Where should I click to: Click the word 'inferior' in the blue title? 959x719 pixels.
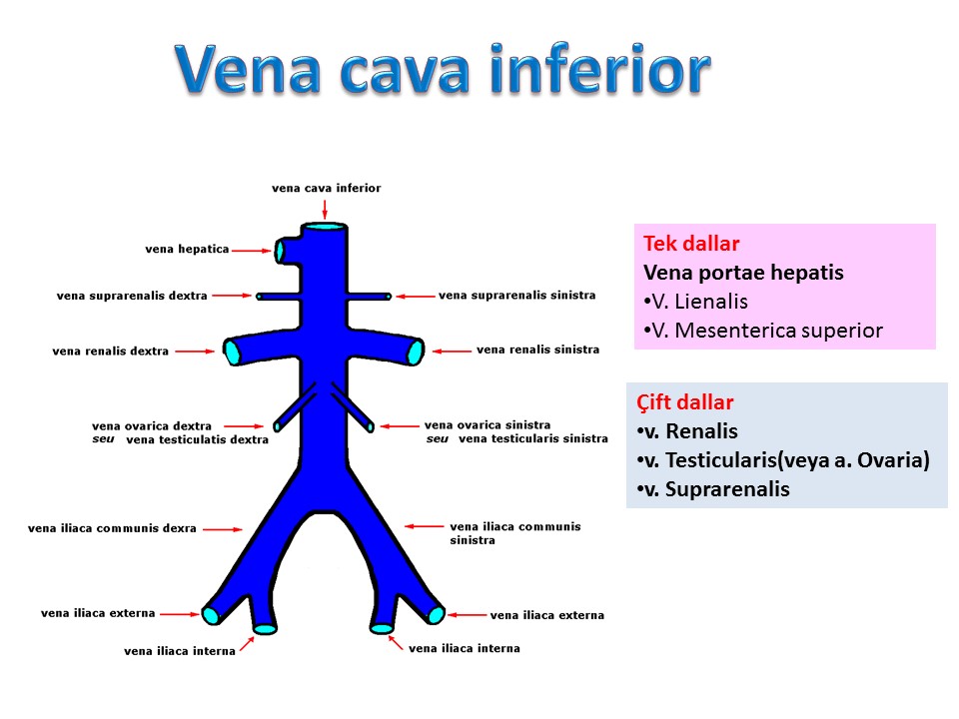pyautogui.click(x=600, y=69)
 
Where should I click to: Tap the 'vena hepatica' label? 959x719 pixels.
pyautogui.click(x=187, y=249)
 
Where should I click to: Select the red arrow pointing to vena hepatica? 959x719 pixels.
pyautogui.click(x=252, y=250)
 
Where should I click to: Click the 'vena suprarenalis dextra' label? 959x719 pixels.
pyautogui.click(x=132, y=296)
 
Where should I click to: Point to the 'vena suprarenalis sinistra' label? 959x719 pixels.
pyautogui.click(x=516, y=296)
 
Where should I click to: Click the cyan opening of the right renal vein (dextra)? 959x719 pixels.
pyautogui.click(x=233, y=353)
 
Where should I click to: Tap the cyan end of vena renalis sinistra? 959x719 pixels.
pyautogui.click(x=416, y=353)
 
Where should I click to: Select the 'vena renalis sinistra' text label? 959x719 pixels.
pyautogui.click(x=538, y=350)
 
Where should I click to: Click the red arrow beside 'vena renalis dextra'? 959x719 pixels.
pyautogui.click(x=195, y=352)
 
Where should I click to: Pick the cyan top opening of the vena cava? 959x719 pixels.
pyautogui.click(x=325, y=227)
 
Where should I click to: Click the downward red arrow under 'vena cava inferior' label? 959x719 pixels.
pyautogui.click(x=325, y=209)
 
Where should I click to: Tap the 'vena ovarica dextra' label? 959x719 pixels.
pyautogui.click(x=152, y=425)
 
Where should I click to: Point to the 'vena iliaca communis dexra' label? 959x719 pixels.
pyautogui.click(x=112, y=528)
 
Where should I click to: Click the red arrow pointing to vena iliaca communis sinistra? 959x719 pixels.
pyautogui.click(x=425, y=526)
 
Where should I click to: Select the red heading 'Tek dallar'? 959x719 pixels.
pyautogui.click(x=691, y=244)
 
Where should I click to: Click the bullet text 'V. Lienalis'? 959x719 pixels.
pyautogui.click(x=695, y=302)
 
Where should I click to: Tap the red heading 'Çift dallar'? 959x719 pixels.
pyautogui.click(x=684, y=402)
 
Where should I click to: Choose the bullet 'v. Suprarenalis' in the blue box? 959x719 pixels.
pyautogui.click(x=713, y=489)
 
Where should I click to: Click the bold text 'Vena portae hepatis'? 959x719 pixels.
pyautogui.click(x=743, y=273)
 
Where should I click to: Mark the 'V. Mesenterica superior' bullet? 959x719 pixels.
pyautogui.click(x=763, y=331)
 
